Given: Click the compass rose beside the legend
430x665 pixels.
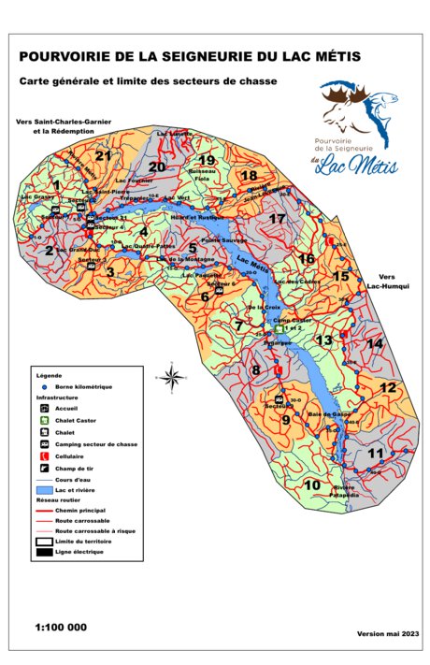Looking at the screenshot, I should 172,377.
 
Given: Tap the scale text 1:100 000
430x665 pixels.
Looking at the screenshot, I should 61,627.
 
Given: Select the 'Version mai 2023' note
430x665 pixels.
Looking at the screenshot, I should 388,633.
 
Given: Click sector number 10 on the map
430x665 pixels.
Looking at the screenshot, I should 312,484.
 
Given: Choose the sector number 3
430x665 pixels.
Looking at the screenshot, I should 109,272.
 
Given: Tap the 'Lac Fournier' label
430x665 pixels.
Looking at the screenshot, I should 134,179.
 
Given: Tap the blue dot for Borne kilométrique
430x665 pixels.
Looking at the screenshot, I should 45,385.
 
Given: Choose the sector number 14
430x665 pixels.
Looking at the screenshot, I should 376,344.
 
